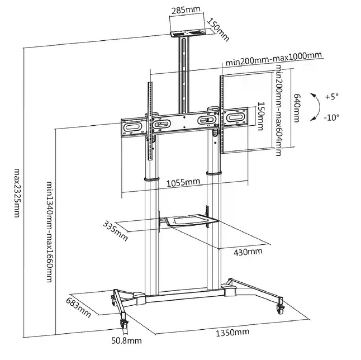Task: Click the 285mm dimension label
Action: coord(186,10)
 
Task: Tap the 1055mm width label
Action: coord(183,182)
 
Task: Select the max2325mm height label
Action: coord(17,193)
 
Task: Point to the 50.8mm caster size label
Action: coord(126,340)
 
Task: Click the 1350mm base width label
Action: coord(232,333)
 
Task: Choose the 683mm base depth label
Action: coord(78,307)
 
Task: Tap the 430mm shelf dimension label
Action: coord(248,252)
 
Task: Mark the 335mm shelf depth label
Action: coord(115,231)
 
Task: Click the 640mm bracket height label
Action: coord(297,107)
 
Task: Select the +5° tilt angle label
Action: coord(332,97)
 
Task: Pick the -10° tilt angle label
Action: coord(331,117)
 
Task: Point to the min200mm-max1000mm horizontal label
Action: coord(273,59)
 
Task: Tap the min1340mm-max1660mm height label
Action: coord(50,232)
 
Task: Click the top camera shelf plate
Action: coord(187,34)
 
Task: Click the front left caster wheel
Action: coord(123,323)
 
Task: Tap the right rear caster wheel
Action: coord(281,309)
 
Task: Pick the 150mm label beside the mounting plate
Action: coord(260,116)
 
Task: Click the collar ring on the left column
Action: coord(151,179)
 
